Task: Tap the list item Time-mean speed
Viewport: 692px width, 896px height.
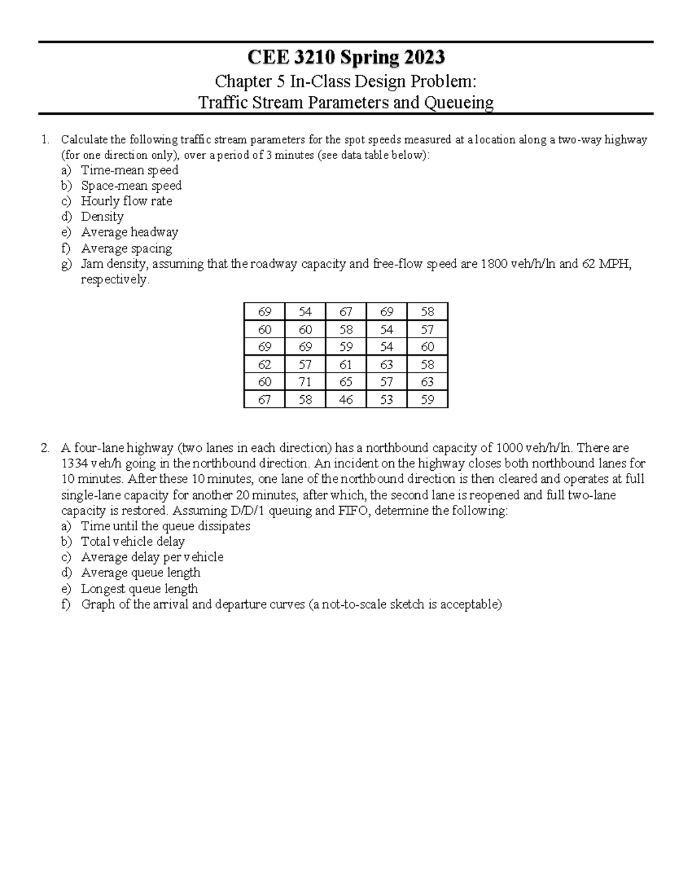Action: tap(130, 170)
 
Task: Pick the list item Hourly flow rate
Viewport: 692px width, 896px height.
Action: tap(126, 201)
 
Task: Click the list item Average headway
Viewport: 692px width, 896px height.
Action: tap(129, 233)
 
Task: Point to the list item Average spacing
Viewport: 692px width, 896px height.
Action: tap(126, 249)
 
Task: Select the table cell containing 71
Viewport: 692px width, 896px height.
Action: tap(305, 382)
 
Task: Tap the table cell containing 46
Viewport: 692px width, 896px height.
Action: tap(345, 399)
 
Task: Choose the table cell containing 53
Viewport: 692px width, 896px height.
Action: tap(386, 399)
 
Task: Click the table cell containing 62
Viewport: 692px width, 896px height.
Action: tap(264, 365)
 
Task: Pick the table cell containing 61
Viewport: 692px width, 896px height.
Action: tap(345, 365)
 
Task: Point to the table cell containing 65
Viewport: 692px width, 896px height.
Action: tap(345, 382)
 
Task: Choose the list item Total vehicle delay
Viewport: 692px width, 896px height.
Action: tap(133, 542)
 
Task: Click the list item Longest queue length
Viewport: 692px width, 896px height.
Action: tap(139, 589)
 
